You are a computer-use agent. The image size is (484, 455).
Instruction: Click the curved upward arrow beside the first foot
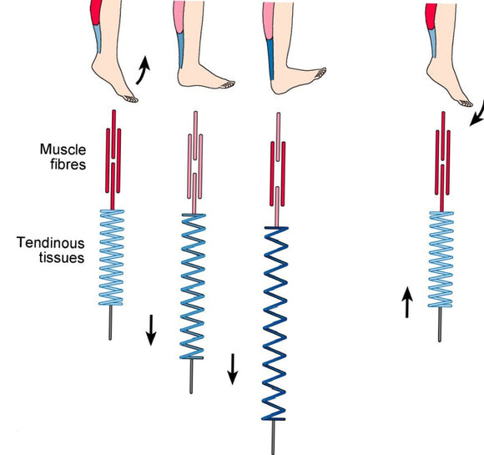click(143, 70)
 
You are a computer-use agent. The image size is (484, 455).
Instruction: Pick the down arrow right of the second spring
click(233, 369)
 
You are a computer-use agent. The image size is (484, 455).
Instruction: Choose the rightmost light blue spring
click(441, 257)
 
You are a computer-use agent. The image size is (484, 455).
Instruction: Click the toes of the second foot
click(224, 83)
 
